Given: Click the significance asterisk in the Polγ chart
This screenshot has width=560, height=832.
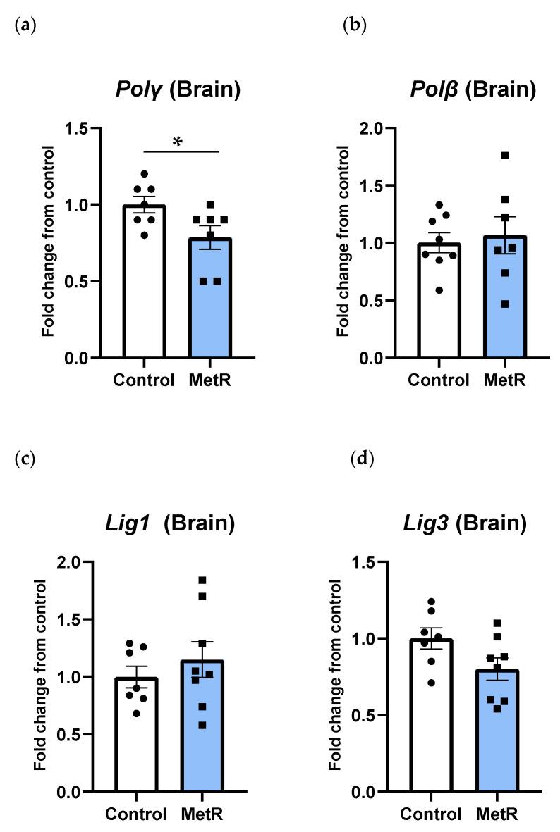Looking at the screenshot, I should [177, 143].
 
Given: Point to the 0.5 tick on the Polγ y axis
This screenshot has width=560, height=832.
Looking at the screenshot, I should [82, 282].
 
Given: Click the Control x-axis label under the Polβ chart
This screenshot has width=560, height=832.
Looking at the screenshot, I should [438, 380].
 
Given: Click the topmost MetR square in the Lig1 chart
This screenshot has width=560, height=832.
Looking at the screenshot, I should [202, 580].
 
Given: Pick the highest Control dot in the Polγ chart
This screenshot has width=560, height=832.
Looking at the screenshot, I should [145, 174].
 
